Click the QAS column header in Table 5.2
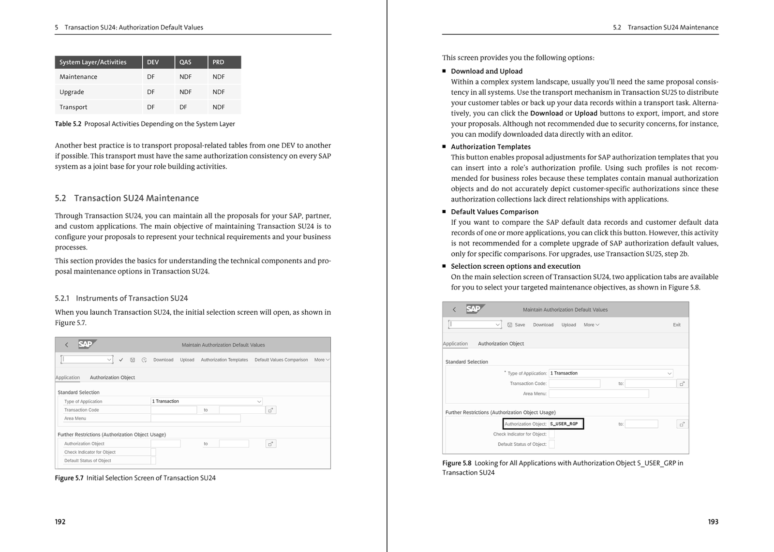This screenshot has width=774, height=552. (x=185, y=62)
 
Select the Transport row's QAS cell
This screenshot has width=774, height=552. (x=183, y=107)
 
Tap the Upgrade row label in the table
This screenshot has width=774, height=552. (x=72, y=92)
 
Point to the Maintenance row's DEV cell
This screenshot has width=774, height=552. (x=151, y=77)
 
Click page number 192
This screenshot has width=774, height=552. (x=60, y=522)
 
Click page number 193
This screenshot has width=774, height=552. (x=713, y=522)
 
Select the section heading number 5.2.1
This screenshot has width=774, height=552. (x=62, y=299)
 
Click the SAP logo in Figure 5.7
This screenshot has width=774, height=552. (x=86, y=345)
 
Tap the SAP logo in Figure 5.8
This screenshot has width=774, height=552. (x=474, y=309)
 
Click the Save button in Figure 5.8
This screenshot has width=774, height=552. (x=516, y=325)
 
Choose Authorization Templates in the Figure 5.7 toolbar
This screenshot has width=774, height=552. (x=224, y=360)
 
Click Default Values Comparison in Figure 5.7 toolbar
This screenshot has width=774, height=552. (x=281, y=360)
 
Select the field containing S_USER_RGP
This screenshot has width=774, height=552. (x=566, y=424)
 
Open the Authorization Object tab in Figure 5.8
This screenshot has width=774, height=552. (x=501, y=344)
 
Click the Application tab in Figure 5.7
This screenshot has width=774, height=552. (x=68, y=378)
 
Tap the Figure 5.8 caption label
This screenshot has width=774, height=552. (x=456, y=463)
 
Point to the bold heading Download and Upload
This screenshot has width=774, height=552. (x=487, y=72)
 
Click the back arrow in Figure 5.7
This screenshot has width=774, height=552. (x=67, y=345)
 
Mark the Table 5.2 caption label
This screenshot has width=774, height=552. (x=68, y=124)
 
